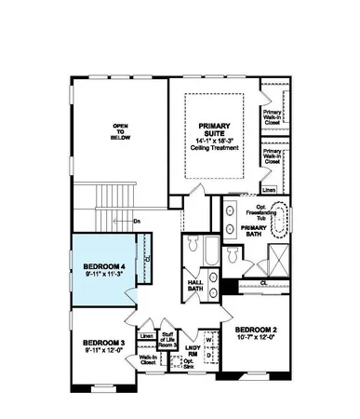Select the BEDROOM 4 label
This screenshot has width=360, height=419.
pos(103,266)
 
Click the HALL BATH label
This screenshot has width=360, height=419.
pos(195,285)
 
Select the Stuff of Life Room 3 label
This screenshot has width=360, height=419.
pos(167,340)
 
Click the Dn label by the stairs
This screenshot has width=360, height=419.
pos(136,221)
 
